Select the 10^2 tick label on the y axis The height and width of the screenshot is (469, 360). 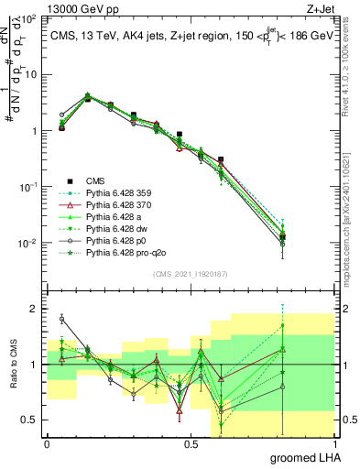(x=27, y=19)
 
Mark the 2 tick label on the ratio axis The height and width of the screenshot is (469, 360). (x=33, y=310)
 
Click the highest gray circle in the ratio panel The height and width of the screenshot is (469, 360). (x=61, y=319)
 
